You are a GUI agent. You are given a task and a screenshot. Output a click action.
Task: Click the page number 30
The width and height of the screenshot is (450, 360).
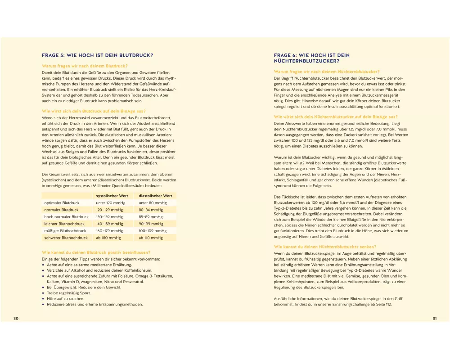coord(16,319)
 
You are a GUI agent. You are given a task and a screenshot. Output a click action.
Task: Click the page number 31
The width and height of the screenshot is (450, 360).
coord(435,319)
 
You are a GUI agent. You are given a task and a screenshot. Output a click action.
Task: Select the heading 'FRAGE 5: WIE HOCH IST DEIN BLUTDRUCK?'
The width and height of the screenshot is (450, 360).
coord(97,56)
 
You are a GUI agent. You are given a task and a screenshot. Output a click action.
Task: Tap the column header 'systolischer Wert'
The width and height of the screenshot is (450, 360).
coord(112,196)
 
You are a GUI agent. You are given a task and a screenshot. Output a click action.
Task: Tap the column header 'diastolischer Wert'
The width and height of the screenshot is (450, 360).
coord(155,196)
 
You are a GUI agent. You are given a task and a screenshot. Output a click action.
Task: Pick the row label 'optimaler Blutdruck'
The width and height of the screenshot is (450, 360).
coord(62,203)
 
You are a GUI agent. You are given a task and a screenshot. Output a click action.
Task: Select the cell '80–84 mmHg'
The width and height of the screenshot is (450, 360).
coord(151,210)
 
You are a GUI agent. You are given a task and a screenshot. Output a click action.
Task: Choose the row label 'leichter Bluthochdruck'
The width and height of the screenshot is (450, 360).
coord(64,224)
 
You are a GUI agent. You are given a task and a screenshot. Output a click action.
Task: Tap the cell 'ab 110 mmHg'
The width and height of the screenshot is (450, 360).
coord(151,238)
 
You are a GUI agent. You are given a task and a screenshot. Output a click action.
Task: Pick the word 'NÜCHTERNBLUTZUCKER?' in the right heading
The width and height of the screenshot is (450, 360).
coord(306,61)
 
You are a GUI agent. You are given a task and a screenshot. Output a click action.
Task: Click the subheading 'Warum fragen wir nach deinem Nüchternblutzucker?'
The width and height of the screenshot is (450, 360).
coord(327,72)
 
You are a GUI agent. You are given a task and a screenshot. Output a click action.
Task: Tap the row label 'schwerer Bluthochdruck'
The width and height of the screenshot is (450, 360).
coord(66,238)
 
